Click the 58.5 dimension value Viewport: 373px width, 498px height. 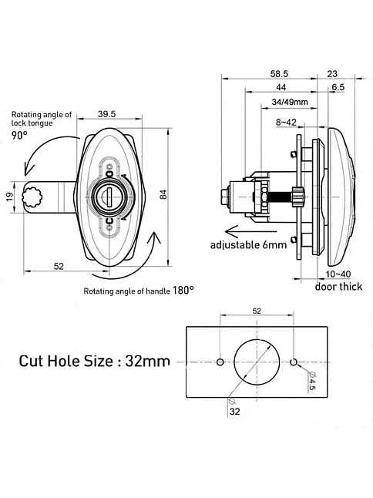279,74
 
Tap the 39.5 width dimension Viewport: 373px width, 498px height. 106,114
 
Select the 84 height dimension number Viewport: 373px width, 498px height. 163,194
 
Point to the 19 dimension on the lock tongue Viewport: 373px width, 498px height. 10,197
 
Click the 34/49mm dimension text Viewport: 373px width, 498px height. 290,102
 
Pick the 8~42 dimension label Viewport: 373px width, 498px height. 286,123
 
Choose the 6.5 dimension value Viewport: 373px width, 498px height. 338,87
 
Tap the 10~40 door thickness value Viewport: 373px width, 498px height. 338,274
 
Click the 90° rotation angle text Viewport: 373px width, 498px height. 19,136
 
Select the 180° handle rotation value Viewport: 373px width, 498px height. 183,290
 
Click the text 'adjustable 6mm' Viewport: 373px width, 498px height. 249,245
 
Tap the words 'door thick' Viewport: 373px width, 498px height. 338,287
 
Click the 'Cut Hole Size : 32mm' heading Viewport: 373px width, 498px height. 94,361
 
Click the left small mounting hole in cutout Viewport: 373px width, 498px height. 220,362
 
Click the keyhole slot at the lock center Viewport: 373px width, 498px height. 109,197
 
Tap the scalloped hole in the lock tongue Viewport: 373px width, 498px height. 32,197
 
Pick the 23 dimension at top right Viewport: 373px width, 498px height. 332,74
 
